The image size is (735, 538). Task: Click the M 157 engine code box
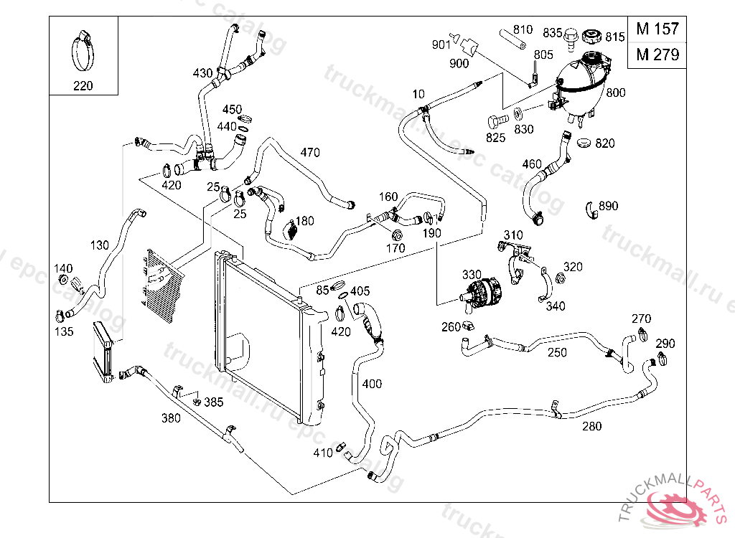[657, 29]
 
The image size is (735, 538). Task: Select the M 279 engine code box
[657, 55]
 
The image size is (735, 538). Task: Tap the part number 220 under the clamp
[83, 86]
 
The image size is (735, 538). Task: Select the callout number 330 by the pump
[472, 275]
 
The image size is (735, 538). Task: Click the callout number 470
[310, 152]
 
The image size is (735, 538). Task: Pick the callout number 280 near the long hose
[592, 426]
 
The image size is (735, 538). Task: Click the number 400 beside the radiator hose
[372, 384]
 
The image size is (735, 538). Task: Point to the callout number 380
[171, 417]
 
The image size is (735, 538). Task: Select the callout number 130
[100, 245]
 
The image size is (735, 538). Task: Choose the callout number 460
[532, 164]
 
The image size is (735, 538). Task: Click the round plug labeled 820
[583, 142]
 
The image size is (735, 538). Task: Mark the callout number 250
[557, 352]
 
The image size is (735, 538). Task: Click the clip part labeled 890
[592, 209]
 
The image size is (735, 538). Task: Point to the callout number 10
[419, 94]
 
